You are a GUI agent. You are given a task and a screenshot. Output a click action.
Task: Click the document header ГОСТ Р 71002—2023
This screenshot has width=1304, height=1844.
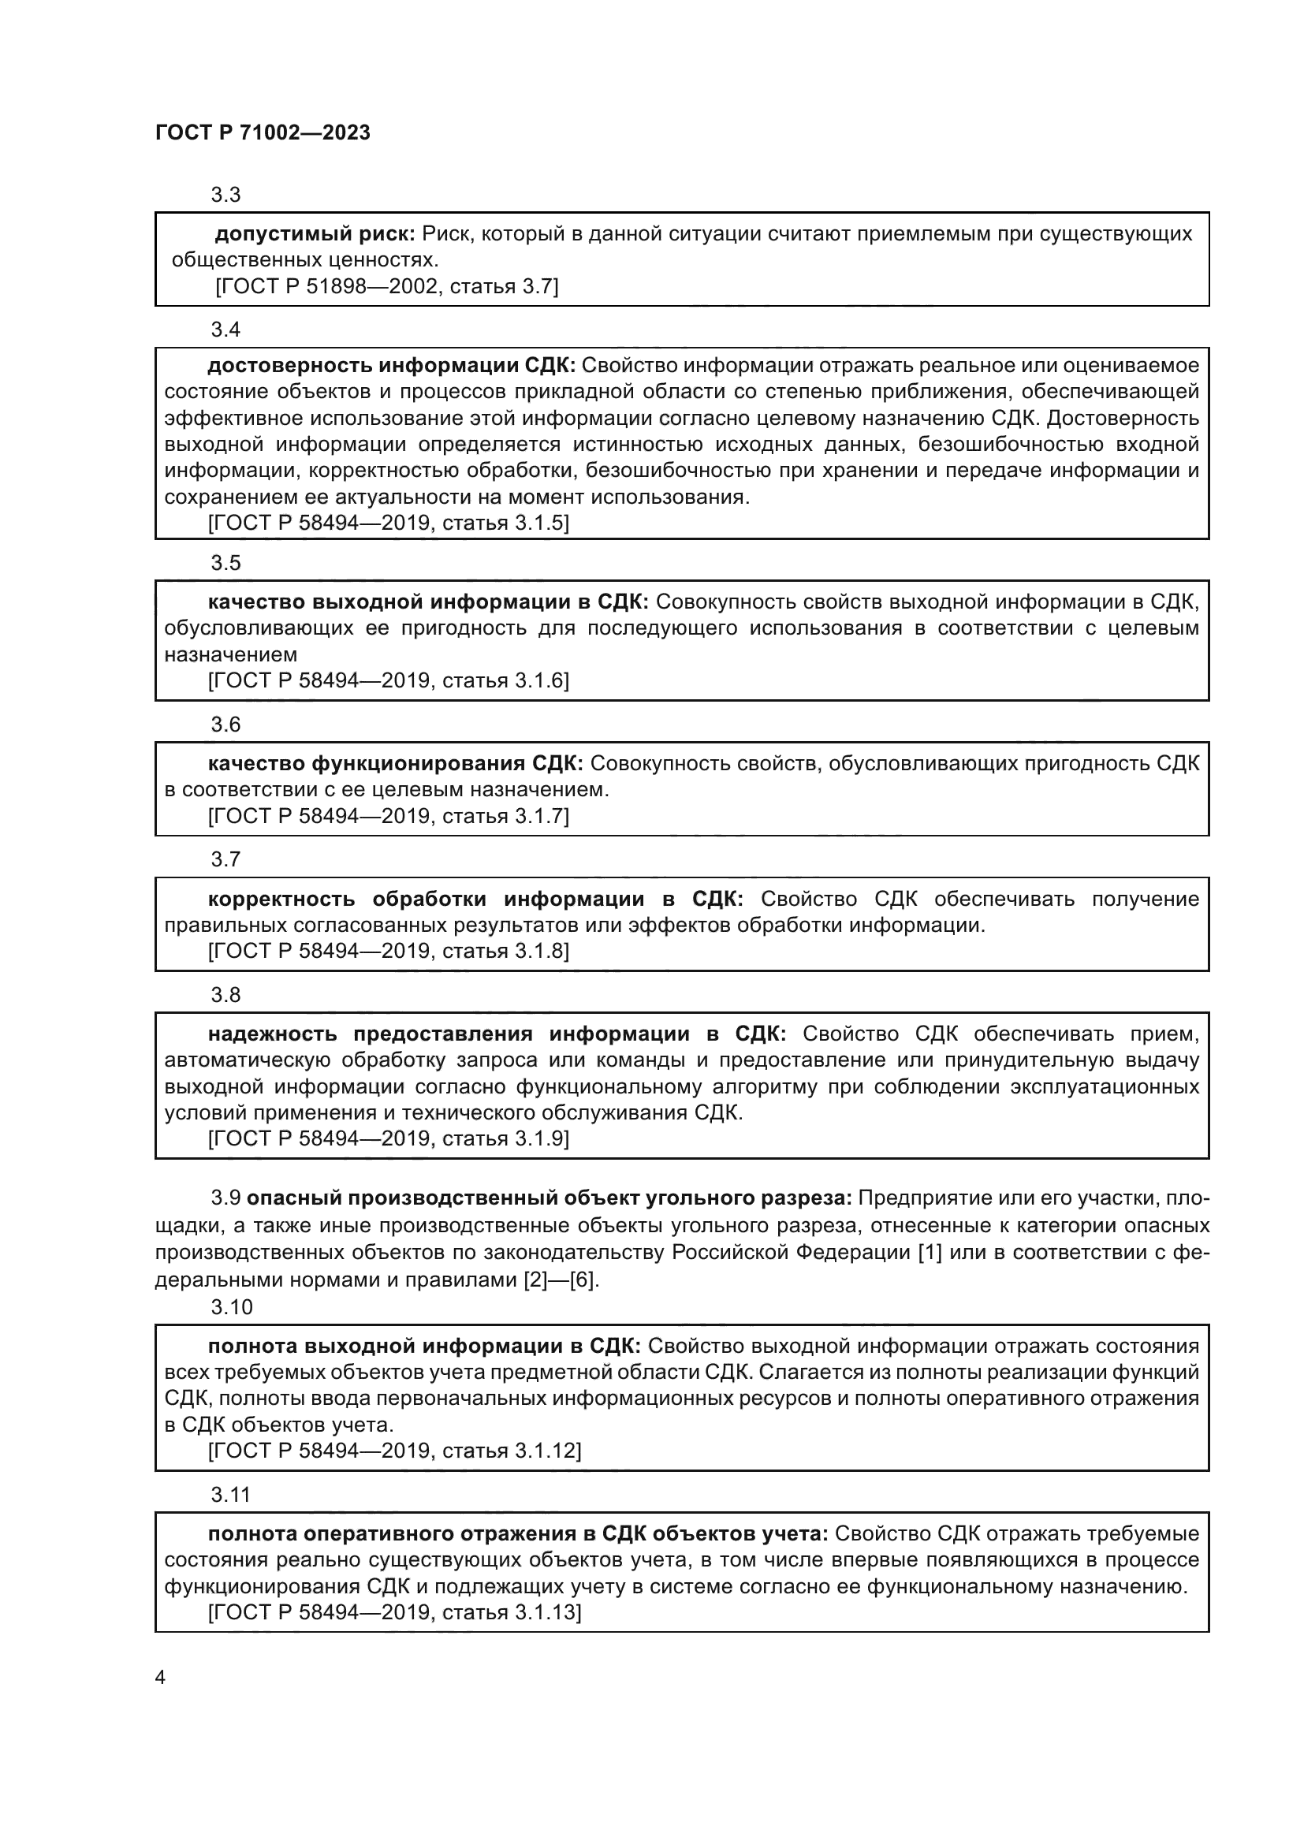click(263, 132)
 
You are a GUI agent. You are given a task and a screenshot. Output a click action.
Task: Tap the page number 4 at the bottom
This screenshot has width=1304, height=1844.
click(160, 1678)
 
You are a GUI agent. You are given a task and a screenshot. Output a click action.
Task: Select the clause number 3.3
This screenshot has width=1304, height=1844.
click(225, 195)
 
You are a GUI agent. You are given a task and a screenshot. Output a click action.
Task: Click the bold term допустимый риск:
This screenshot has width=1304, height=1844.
click(315, 233)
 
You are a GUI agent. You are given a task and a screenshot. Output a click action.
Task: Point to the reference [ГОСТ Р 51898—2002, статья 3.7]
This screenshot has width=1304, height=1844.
click(386, 286)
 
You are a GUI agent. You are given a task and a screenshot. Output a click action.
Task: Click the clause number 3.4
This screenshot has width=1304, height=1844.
click(225, 330)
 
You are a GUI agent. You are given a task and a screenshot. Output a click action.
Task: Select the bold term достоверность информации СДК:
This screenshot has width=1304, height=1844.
click(391, 366)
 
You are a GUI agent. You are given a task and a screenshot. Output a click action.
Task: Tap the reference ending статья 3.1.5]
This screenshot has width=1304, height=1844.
click(388, 523)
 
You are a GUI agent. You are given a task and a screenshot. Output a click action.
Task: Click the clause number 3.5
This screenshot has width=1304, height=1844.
click(225, 563)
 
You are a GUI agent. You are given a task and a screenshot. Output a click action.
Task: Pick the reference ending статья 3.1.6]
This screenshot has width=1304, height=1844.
click(388, 680)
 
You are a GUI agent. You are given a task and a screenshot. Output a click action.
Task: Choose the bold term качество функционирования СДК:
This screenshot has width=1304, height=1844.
click(395, 763)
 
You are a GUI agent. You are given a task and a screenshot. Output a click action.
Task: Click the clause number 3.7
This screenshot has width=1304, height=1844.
click(225, 859)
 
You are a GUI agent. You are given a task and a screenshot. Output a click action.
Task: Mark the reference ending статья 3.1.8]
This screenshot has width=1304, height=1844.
click(388, 951)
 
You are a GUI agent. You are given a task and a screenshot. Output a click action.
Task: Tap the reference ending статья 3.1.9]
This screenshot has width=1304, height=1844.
click(388, 1138)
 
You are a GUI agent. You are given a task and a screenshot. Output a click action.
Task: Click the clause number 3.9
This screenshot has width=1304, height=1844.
click(225, 1198)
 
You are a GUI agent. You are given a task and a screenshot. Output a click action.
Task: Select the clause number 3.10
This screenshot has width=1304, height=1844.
click(231, 1307)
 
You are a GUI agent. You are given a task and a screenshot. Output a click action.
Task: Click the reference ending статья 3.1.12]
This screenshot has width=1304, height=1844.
click(394, 1451)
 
